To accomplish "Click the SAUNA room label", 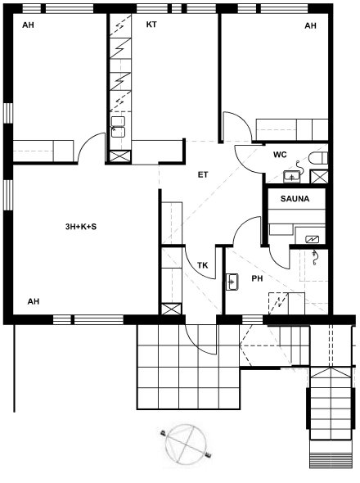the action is pyautogui.click(x=295, y=199).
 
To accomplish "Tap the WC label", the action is pyautogui.click(x=280, y=155).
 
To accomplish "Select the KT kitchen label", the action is pyautogui.click(x=151, y=25).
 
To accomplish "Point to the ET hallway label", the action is pyautogui.click(x=203, y=175).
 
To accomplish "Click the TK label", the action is pyautogui.click(x=202, y=265).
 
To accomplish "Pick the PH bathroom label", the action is pyautogui.click(x=257, y=278).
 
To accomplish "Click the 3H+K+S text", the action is pyautogui.click(x=81, y=227).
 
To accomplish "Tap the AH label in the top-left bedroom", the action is pyautogui.click(x=28, y=25).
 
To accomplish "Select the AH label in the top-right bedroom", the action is pyautogui.click(x=310, y=25).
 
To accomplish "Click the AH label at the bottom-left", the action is pyautogui.click(x=34, y=301).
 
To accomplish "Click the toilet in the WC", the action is pyautogui.click(x=318, y=158).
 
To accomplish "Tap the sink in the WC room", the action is pyautogui.click(x=292, y=177).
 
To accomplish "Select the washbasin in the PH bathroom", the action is pyautogui.click(x=232, y=282).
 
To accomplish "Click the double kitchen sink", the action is pyautogui.click(x=119, y=127).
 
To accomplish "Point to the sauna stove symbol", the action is pyautogui.click(x=312, y=239).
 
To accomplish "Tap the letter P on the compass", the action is pyautogui.click(x=163, y=434).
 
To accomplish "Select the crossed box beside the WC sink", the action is pyautogui.click(x=319, y=177).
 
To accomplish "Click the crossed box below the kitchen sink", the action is pyautogui.click(x=120, y=156).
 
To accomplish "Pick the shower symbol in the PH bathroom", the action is pyautogui.click(x=314, y=258).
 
